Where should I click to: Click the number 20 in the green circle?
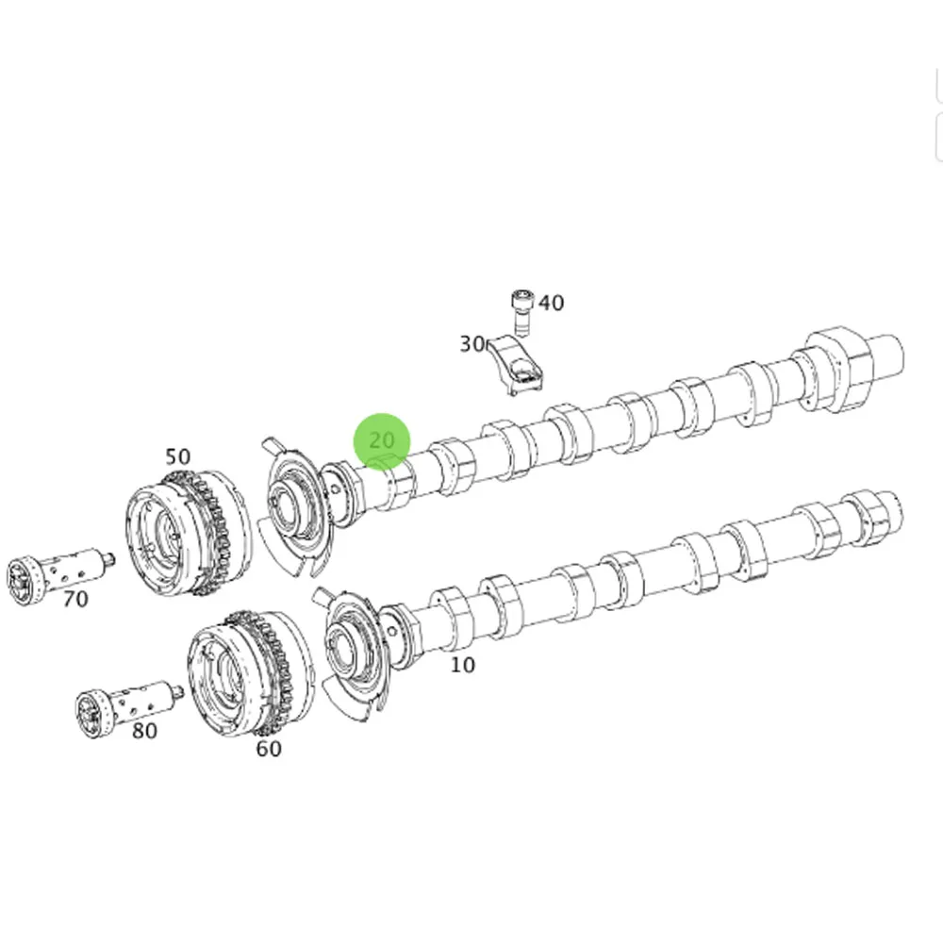(x=382, y=440)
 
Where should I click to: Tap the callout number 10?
(x=462, y=665)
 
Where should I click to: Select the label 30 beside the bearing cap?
(x=471, y=344)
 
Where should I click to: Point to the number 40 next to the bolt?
(x=551, y=303)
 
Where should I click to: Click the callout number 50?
(x=177, y=457)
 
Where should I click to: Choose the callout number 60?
(x=269, y=749)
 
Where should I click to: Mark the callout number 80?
(x=144, y=730)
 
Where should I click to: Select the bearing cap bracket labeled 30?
(x=519, y=366)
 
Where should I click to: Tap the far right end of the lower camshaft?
(x=891, y=514)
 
